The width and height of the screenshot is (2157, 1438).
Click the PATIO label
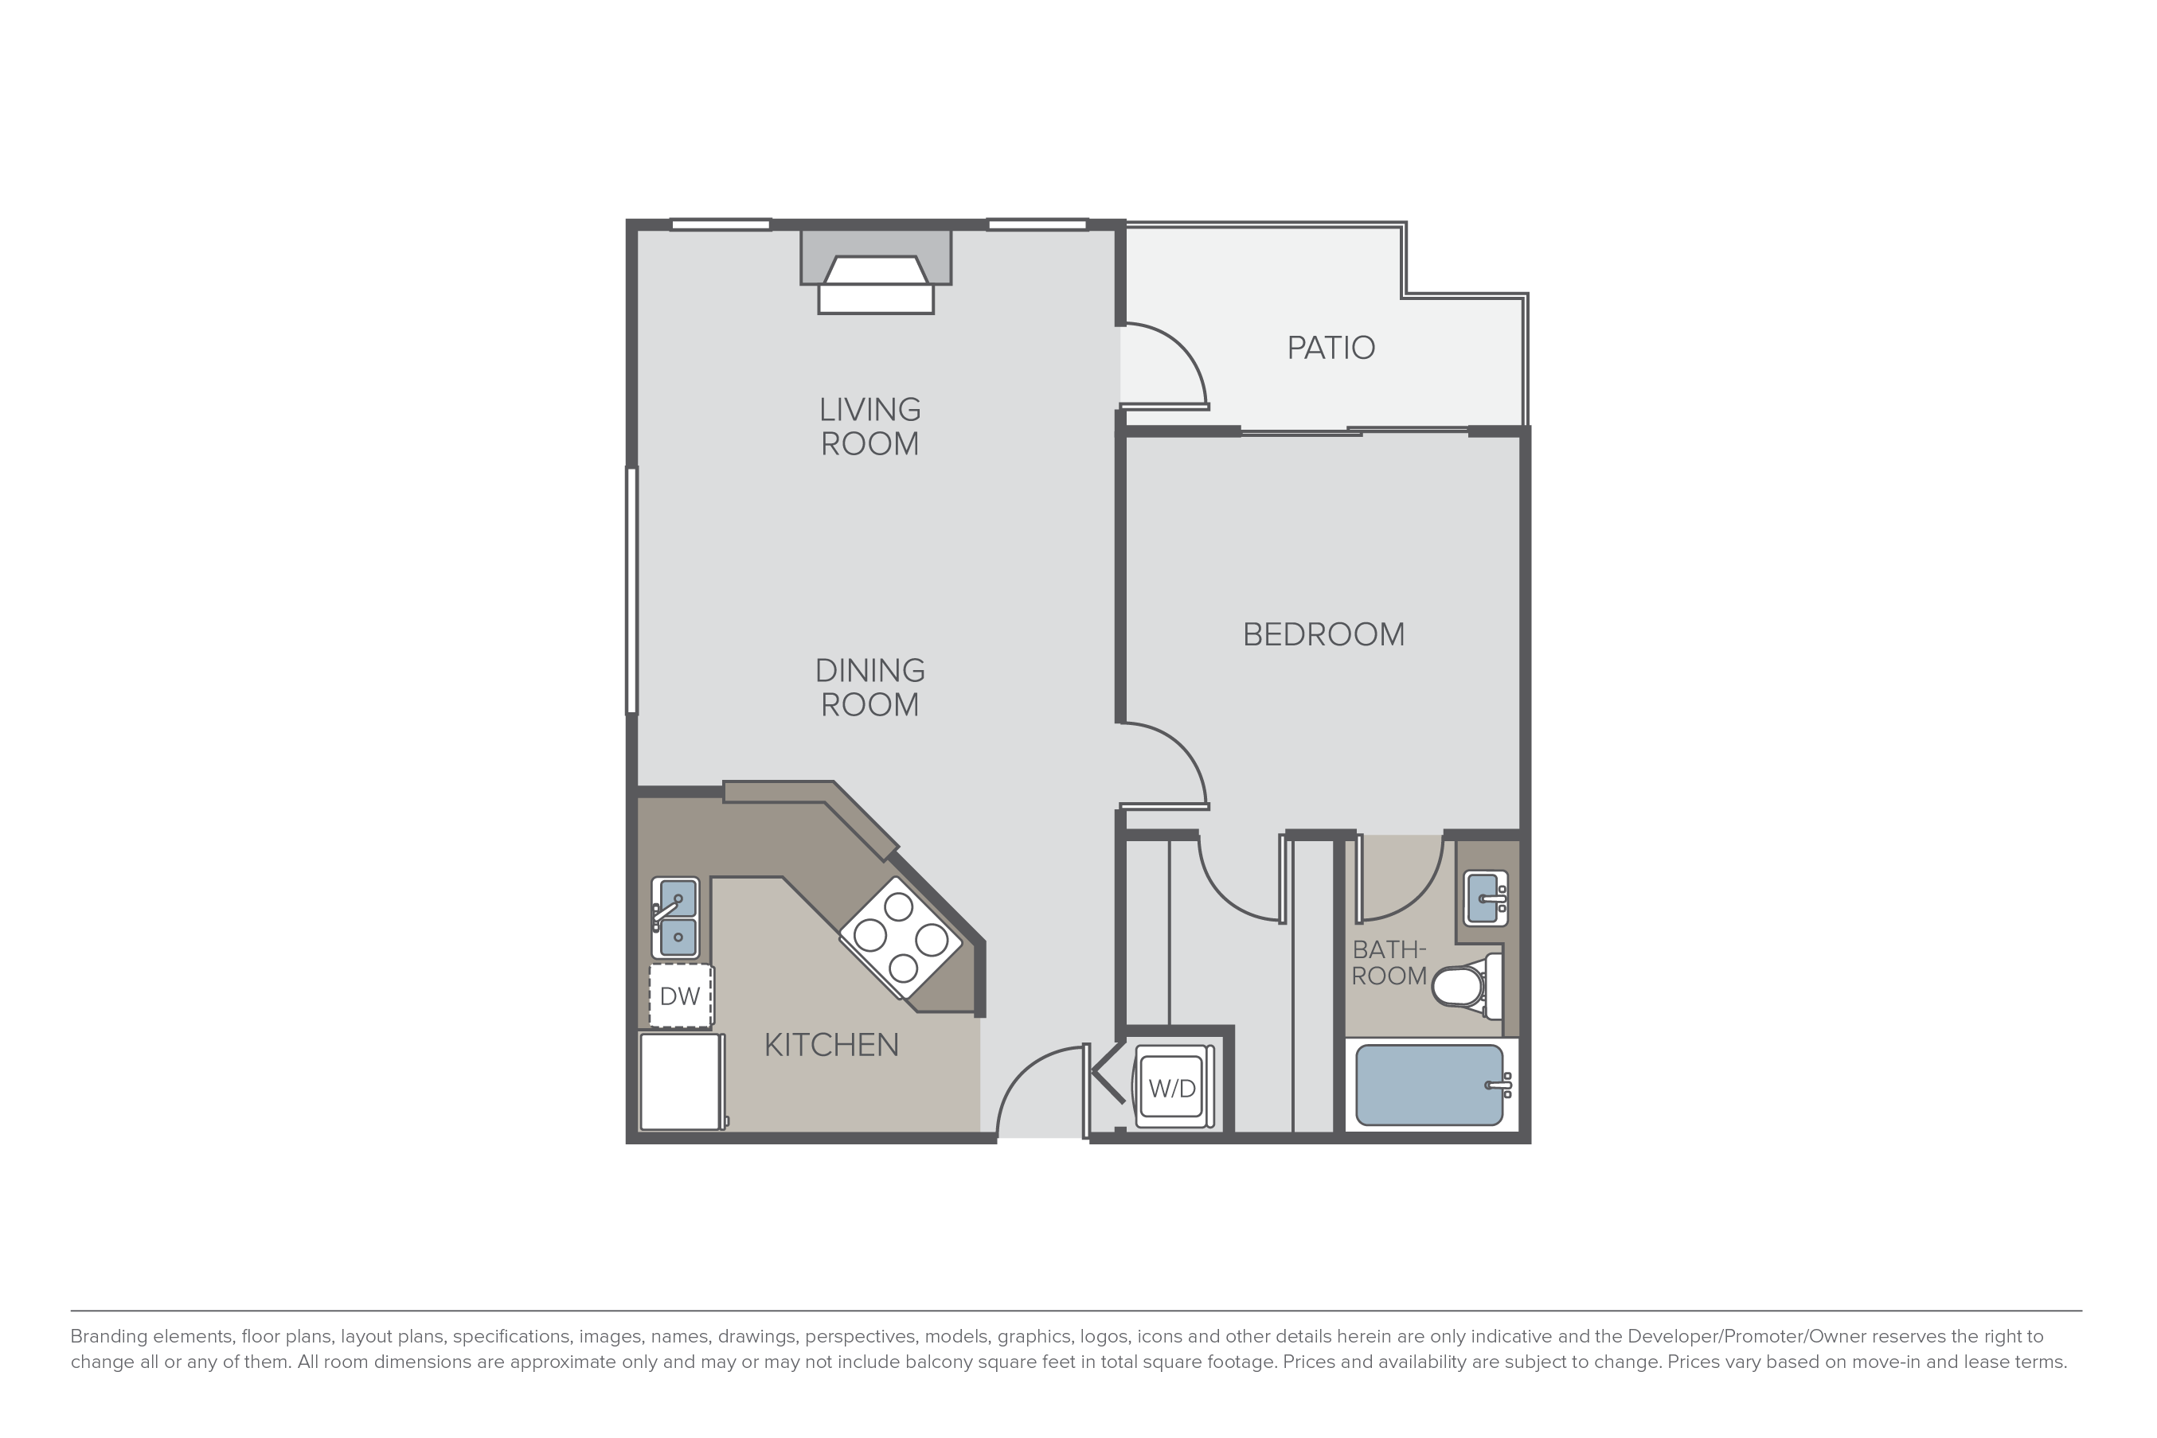click(1331, 348)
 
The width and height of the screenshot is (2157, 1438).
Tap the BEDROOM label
click(1323, 634)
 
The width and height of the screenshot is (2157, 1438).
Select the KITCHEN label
click(831, 1045)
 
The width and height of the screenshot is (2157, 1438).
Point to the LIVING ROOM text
click(869, 427)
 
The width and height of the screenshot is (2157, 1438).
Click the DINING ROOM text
click(869, 688)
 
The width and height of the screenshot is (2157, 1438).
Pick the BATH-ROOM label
click(1389, 963)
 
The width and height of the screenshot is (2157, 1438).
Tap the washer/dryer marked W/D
click(1173, 1089)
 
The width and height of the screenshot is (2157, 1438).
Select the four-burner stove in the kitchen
click(901, 937)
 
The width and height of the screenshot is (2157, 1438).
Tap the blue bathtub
click(1429, 1085)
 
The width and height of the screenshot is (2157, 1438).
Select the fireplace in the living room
click(876, 271)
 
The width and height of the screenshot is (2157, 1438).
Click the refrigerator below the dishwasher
click(681, 1082)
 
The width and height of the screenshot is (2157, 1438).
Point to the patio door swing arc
click(1182, 347)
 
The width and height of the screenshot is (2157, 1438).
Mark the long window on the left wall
click(631, 590)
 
